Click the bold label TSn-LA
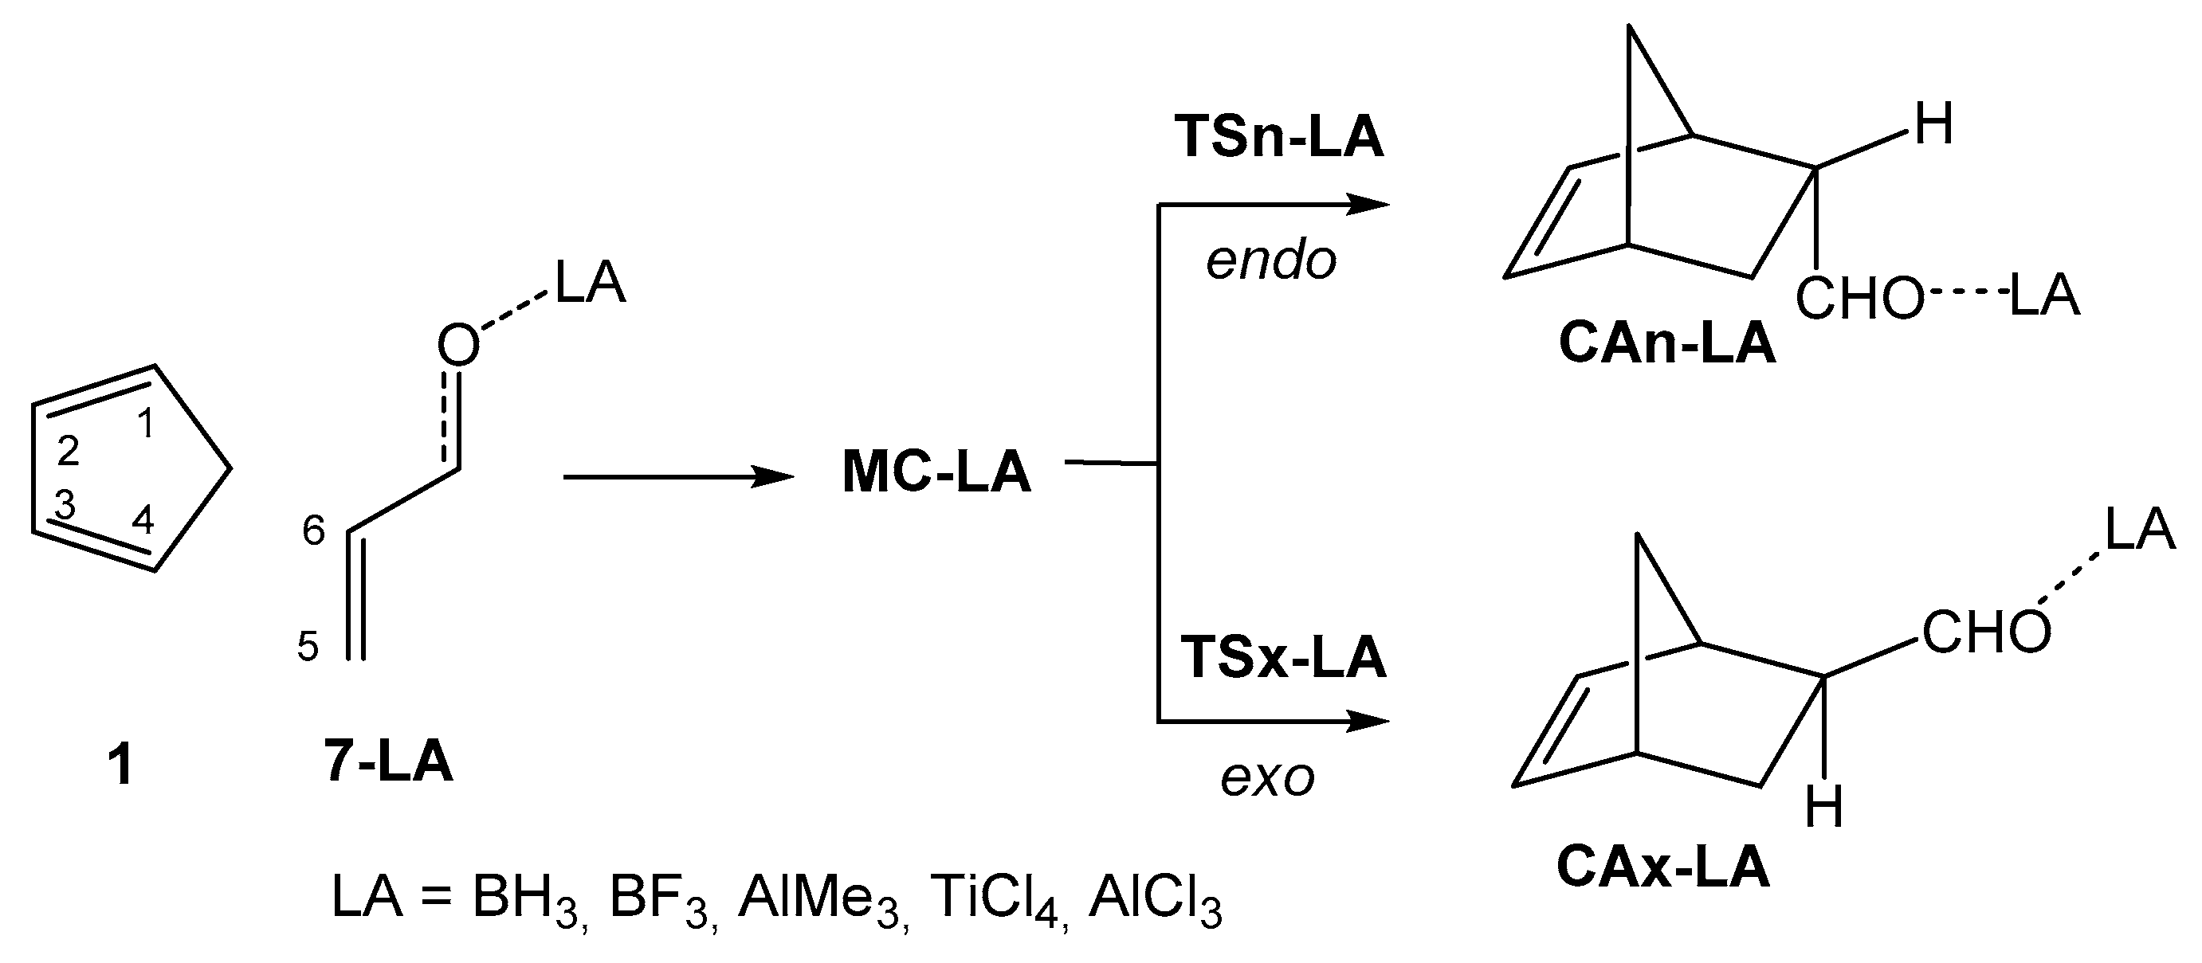[x=1278, y=137]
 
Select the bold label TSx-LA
[x=1282, y=658]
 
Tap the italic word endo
[x=1271, y=260]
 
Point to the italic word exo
[x=1267, y=778]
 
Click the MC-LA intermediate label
[x=937, y=472]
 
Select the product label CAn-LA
[x=1667, y=344]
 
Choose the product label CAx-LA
[x=1662, y=867]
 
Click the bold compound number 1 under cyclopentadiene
[x=120, y=765]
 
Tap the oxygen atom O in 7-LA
[x=458, y=346]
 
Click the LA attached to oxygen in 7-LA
[x=591, y=283]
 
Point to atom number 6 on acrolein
[x=314, y=531]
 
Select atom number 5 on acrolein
[x=308, y=647]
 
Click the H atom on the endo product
[x=1934, y=126]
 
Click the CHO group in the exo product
[x=1986, y=634]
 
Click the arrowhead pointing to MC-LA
[x=774, y=477]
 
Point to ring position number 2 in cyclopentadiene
[x=69, y=450]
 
